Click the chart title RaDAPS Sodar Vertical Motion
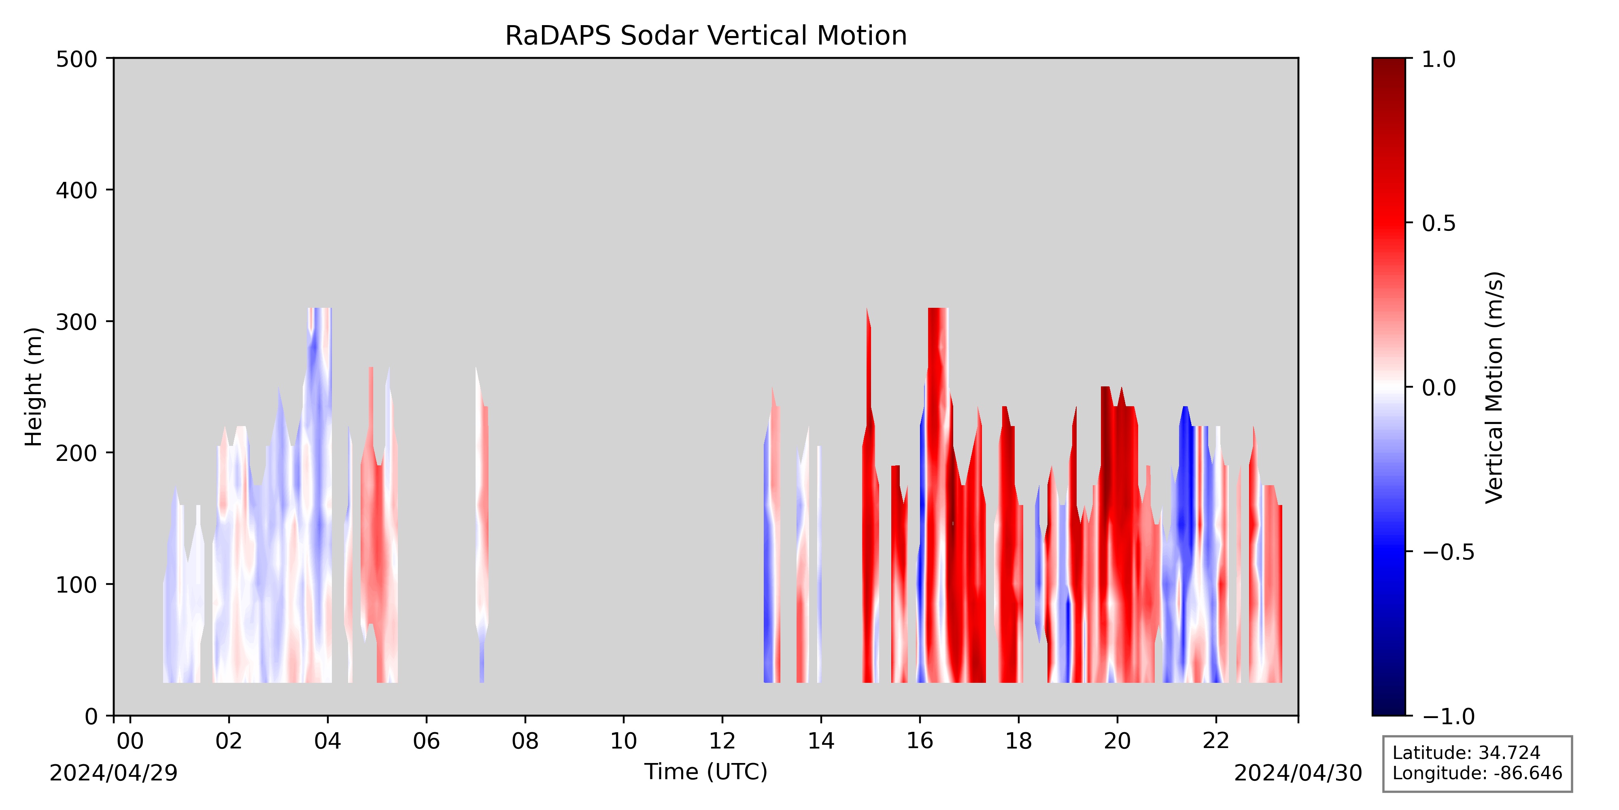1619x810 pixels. [706, 36]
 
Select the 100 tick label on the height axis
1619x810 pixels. [76, 584]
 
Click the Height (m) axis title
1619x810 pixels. [33, 387]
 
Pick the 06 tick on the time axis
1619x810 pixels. [426, 719]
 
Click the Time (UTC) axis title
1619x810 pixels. [706, 772]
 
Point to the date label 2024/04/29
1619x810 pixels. [114, 773]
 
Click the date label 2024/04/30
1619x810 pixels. [1298, 773]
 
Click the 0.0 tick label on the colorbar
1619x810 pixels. [1438, 388]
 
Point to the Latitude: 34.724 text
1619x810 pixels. [1466, 753]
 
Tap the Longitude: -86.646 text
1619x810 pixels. [1477, 773]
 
